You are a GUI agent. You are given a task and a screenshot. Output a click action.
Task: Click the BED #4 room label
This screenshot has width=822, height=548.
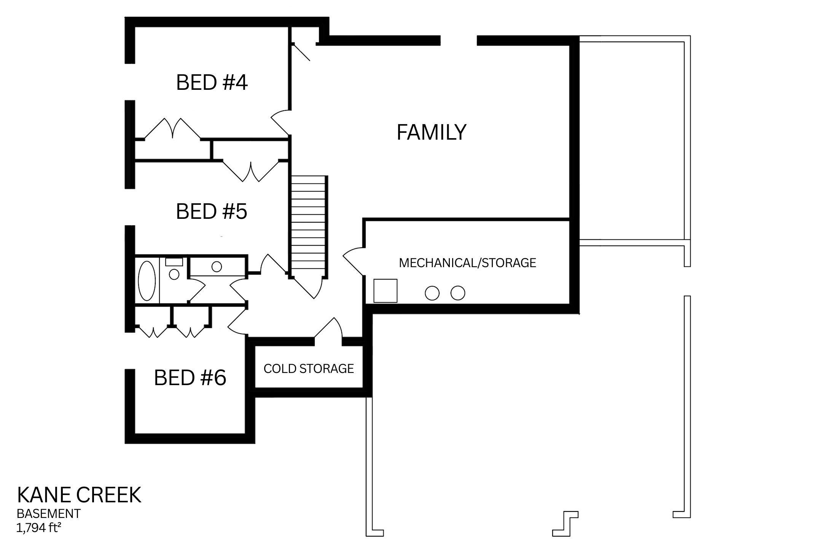212,83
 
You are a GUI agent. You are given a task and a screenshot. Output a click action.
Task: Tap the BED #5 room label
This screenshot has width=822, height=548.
212,212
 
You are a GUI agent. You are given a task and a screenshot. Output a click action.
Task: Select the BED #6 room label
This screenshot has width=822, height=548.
190,378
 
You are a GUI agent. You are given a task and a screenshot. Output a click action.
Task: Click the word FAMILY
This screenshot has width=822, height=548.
431,132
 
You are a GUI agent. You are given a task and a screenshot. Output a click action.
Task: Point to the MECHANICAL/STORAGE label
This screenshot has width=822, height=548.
467,263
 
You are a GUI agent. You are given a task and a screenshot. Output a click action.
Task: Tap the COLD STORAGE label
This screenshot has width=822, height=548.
309,369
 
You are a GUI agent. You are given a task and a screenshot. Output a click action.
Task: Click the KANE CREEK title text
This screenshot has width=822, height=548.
79,495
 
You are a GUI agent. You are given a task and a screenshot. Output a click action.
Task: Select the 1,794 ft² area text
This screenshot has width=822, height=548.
38,528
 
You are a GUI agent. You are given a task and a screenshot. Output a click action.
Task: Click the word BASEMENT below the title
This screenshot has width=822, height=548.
48,514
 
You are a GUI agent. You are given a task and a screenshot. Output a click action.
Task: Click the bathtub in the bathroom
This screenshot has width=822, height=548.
147,280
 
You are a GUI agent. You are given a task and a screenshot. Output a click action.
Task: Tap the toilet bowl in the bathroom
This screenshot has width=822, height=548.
174,274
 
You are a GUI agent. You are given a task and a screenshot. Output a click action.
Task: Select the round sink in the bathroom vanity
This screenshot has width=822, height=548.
217,266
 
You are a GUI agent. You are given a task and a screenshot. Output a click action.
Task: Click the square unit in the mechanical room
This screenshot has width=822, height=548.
385,291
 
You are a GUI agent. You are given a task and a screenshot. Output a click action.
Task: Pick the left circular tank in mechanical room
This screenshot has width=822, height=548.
432,293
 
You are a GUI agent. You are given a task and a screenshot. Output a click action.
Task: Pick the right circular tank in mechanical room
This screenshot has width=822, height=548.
458,293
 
